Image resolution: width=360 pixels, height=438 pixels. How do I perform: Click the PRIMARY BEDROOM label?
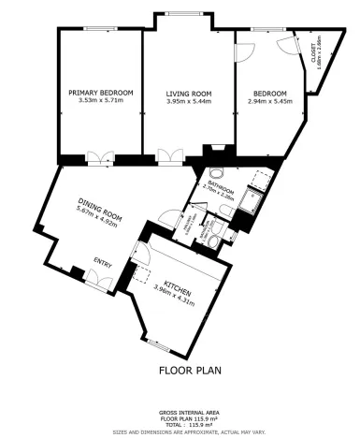tap(101, 93)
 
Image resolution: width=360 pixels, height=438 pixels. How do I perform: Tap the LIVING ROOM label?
tap(188, 93)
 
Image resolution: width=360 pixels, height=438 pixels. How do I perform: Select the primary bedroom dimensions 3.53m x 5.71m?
tap(101, 101)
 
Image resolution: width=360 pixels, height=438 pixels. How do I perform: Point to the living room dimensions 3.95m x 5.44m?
tap(188, 101)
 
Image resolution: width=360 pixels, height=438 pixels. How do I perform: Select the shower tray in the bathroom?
tap(251, 199)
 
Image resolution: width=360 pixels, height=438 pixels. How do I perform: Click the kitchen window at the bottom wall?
tap(164, 345)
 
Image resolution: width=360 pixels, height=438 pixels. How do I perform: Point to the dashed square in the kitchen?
tap(144, 273)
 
